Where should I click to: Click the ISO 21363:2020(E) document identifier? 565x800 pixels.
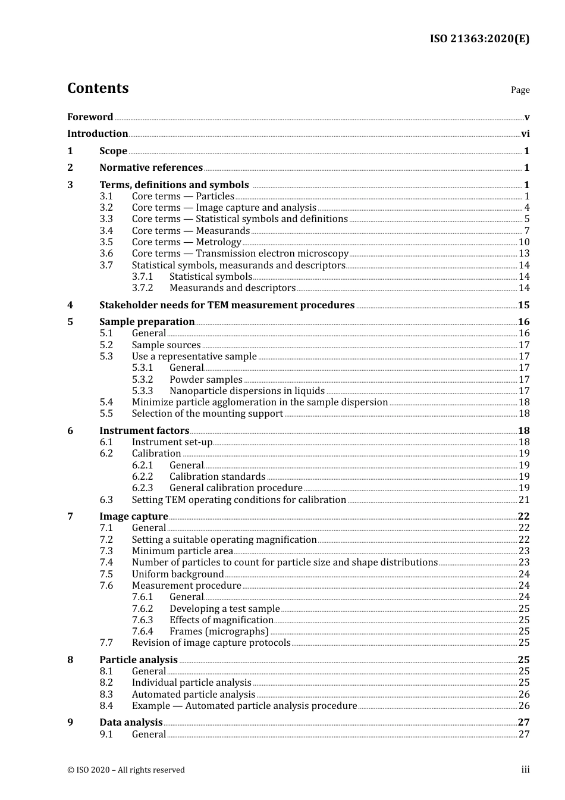point(479,39)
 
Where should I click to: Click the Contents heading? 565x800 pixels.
point(98,88)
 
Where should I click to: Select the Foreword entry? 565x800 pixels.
point(90,117)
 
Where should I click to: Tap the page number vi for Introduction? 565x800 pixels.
point(525,134)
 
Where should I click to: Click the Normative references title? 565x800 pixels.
point(151,168)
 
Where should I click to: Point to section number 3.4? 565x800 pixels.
point(106,231)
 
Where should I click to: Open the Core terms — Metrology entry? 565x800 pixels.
point(186,242)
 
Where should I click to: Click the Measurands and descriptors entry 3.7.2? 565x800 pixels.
point(232,288)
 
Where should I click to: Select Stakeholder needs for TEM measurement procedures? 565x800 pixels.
point(227,305)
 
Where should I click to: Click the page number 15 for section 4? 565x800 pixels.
point(523,305)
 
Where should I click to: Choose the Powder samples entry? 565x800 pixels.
point(206,380)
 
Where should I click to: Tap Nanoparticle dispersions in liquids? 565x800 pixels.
point(247,391)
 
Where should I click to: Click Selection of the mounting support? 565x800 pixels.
point(207,414)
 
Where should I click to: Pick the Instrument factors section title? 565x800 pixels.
point(144,431)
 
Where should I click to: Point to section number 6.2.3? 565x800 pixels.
point(142,488)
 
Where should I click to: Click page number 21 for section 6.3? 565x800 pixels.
point(524,500)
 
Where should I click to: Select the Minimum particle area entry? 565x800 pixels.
point(182,551)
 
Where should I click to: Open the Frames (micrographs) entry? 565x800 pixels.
point(219,632)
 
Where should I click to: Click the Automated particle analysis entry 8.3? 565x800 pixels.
point(193,695)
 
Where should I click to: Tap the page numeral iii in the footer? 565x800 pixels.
point(525,770)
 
